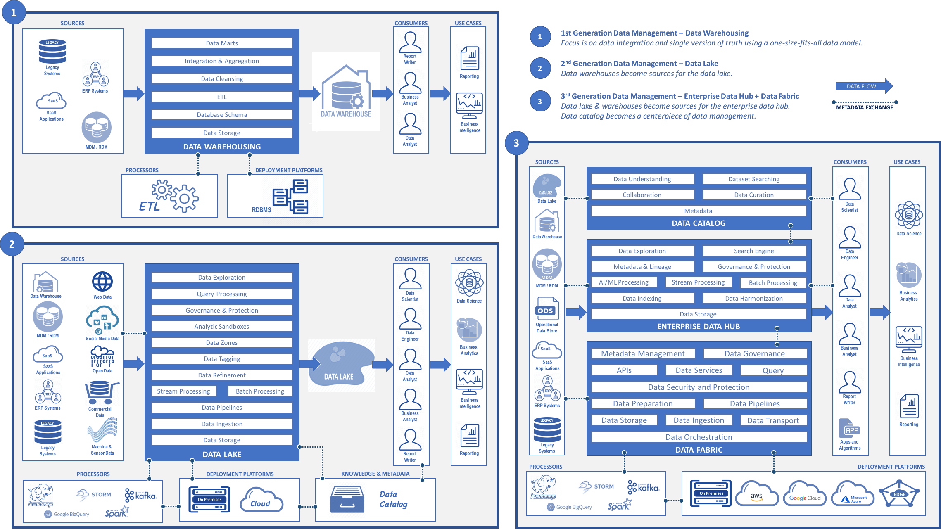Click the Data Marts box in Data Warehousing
click(x=222, y=43)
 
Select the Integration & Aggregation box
click(x=222, y=61)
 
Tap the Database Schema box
click(x=222, y=115)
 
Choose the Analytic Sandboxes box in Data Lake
click(x=222, y=327)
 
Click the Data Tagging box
click(x=222, y=359)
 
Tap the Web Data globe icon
click(x=102, y=282)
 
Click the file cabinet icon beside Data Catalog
click(x=347, y=499)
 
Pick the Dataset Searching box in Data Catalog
click(x=754, y=179)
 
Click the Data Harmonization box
click(x=754, y=299)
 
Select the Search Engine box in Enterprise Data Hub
click(x=754, y=251)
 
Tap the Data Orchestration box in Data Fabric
click(x=699, y=437)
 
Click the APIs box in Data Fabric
click(x=624, y=370)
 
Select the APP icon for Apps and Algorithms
click(x=849, y=429)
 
